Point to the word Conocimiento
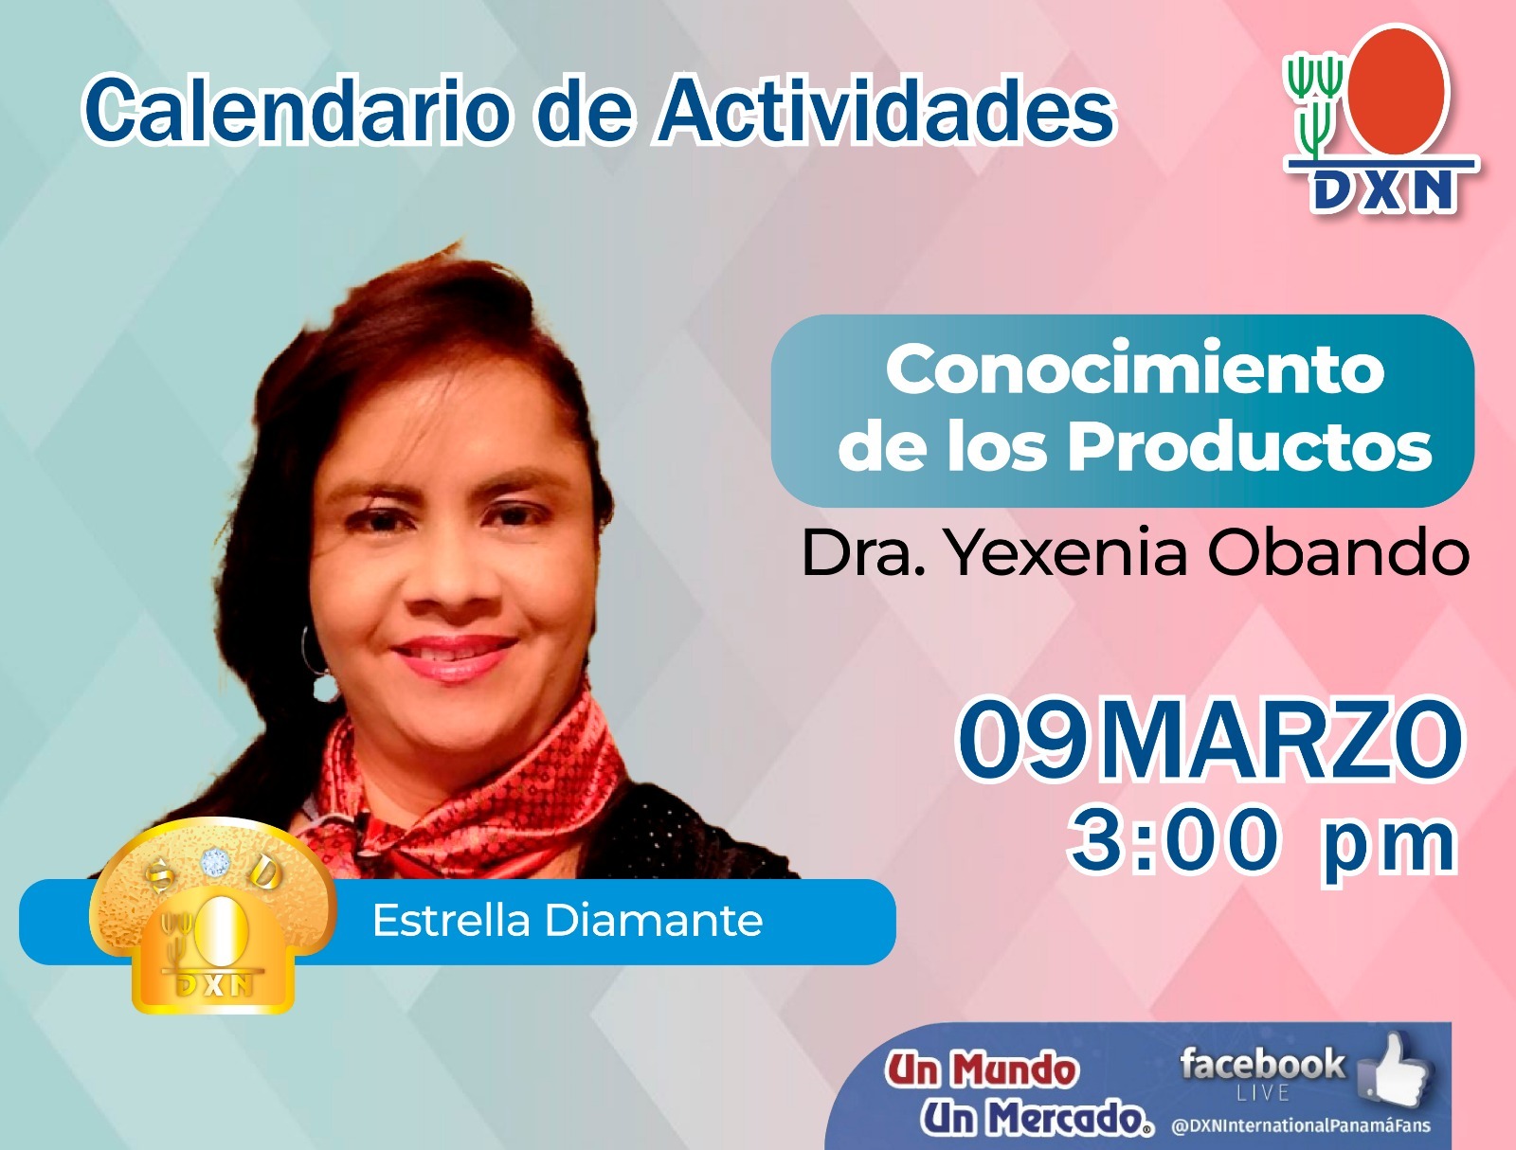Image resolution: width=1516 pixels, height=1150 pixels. click(1135, 370)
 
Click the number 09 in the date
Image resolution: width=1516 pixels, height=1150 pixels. click(1022, 739)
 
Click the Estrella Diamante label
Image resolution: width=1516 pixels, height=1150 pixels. click(567, 920)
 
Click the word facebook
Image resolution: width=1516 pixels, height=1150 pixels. click(1262, 1064)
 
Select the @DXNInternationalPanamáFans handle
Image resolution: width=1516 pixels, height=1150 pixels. click(1301, 1125)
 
